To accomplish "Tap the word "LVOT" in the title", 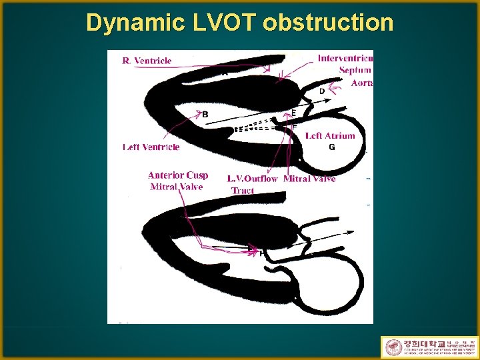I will tap(217, 23).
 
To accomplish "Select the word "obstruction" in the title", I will tap(328, 23).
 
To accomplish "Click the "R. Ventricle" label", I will tap(147, 61).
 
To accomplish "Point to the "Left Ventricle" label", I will tap(151, 147).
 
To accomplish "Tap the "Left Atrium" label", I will tap(330, 136).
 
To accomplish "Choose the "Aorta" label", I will tap(361, 83).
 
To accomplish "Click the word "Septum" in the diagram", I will tap(355, 71).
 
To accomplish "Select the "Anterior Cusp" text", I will tap(178, 175).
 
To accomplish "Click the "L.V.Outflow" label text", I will tap(252, 179).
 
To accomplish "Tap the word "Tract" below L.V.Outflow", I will tap(243, 191).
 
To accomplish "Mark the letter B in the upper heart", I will tap(205, 115).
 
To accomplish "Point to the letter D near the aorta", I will tap(322, 91).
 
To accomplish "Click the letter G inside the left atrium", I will tap(331, 147).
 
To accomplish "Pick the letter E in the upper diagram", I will tap(293, 113).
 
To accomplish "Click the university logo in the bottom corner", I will tap(429, 347).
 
